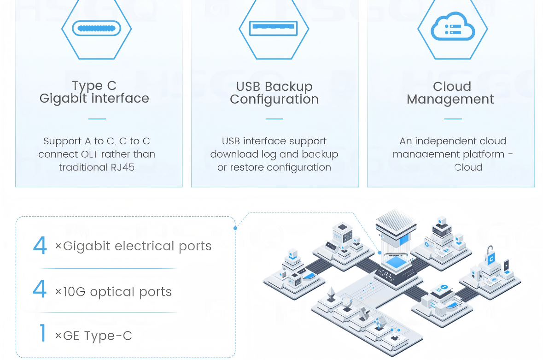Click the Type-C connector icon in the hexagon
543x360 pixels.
97,29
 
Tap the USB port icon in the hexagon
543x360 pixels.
274,28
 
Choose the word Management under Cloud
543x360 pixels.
450,100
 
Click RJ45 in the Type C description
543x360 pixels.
122,167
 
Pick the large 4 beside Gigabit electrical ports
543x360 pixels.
40,246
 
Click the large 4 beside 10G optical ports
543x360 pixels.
40,290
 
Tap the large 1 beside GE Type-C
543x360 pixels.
43,333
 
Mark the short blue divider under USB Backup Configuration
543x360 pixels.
274,119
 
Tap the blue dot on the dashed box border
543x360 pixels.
235,228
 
